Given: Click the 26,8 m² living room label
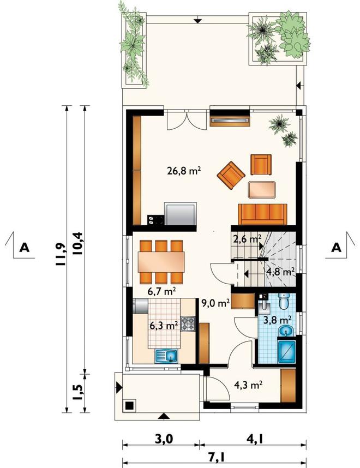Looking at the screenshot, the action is click(183, 171).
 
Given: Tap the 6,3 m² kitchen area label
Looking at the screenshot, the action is click(164, 325).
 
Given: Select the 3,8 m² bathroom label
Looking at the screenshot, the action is click(278, 320).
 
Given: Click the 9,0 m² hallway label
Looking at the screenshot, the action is click(215, 303).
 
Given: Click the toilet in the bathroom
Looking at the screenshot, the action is click(283, 301).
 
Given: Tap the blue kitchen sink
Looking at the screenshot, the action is click(167, 356).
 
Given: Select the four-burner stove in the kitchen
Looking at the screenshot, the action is click(188, 324).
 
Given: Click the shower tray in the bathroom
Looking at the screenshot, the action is click(286, 352).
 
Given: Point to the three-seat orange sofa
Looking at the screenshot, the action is click(262, 214).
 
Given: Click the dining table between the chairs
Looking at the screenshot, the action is click(161, 262).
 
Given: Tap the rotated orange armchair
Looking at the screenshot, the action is click(231, 176).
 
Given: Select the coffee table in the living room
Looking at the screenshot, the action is click(262, 189).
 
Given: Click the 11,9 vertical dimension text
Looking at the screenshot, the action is click(61, 254).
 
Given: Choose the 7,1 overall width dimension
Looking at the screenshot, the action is click(214, 457).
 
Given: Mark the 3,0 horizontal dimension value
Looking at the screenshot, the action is click(163, 439).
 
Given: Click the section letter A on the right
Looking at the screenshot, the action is click(337, 248).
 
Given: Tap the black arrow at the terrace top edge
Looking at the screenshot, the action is click(197, 20).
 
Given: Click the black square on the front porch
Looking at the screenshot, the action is click(130, 406).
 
